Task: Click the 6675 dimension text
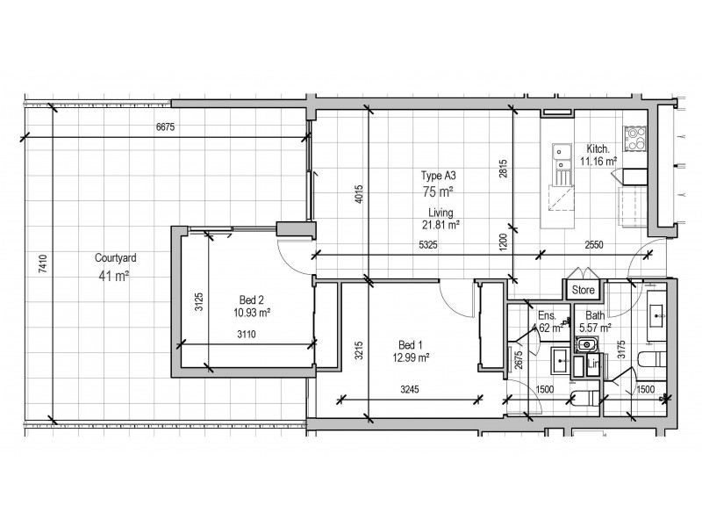click(166, 127)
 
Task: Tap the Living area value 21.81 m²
click(441, 225)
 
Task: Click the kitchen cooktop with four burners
click(634, 139)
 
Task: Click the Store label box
click(584, 289)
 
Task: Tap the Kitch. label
click(598, 148)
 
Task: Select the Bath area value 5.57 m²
click(596, 328)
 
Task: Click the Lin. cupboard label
click(594, 364)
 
